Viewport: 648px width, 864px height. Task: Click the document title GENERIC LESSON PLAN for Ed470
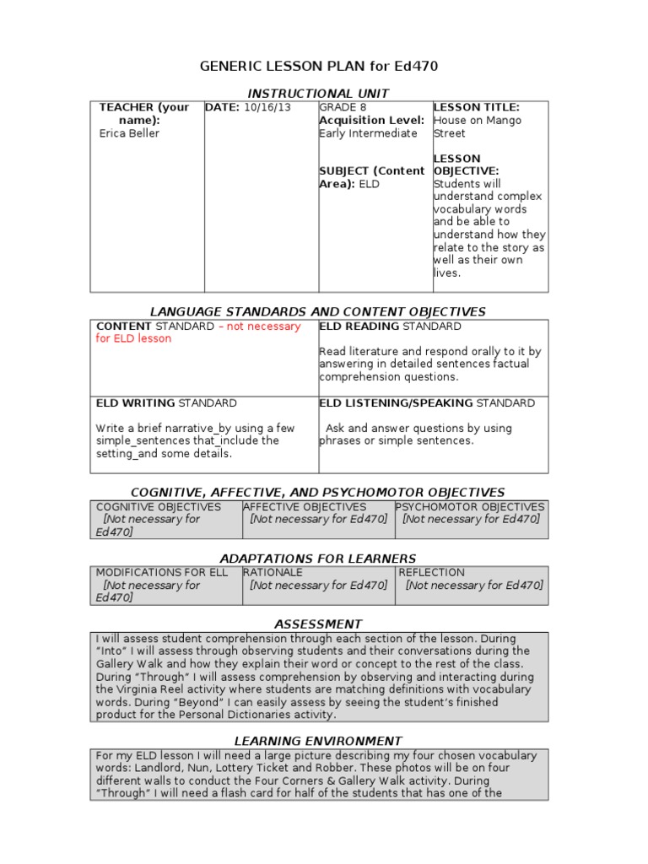318,66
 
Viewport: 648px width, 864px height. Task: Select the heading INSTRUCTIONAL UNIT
318,93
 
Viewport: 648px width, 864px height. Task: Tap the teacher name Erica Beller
129,133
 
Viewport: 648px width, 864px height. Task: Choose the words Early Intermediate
368,133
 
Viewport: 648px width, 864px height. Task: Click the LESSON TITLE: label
476,107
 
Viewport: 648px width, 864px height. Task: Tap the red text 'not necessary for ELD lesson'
198,332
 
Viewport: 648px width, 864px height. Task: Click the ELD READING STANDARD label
390,327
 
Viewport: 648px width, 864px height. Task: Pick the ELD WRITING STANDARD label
166,403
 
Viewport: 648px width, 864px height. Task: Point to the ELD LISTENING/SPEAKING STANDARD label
427,403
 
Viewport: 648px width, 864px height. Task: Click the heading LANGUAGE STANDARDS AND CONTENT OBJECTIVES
318,312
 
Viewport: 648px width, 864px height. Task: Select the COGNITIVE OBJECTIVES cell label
159,507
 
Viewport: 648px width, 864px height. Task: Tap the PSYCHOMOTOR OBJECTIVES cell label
471,507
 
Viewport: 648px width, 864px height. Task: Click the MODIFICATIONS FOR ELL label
161,572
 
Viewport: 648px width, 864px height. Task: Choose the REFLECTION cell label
431,572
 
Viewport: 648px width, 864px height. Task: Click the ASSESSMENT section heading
318,624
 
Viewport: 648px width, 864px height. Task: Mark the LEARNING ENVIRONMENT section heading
318,741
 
